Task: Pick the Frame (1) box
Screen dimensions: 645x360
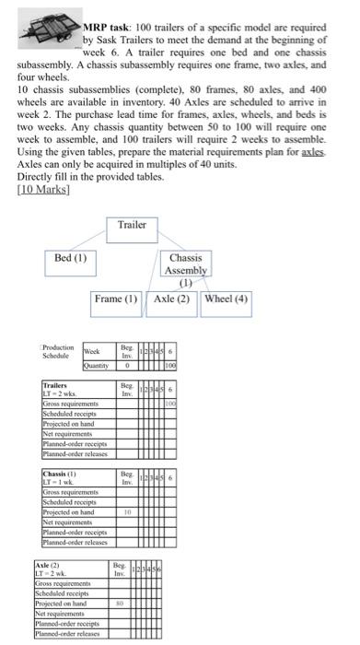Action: pos(118,299)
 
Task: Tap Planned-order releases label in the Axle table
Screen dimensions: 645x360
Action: pos(68,635)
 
